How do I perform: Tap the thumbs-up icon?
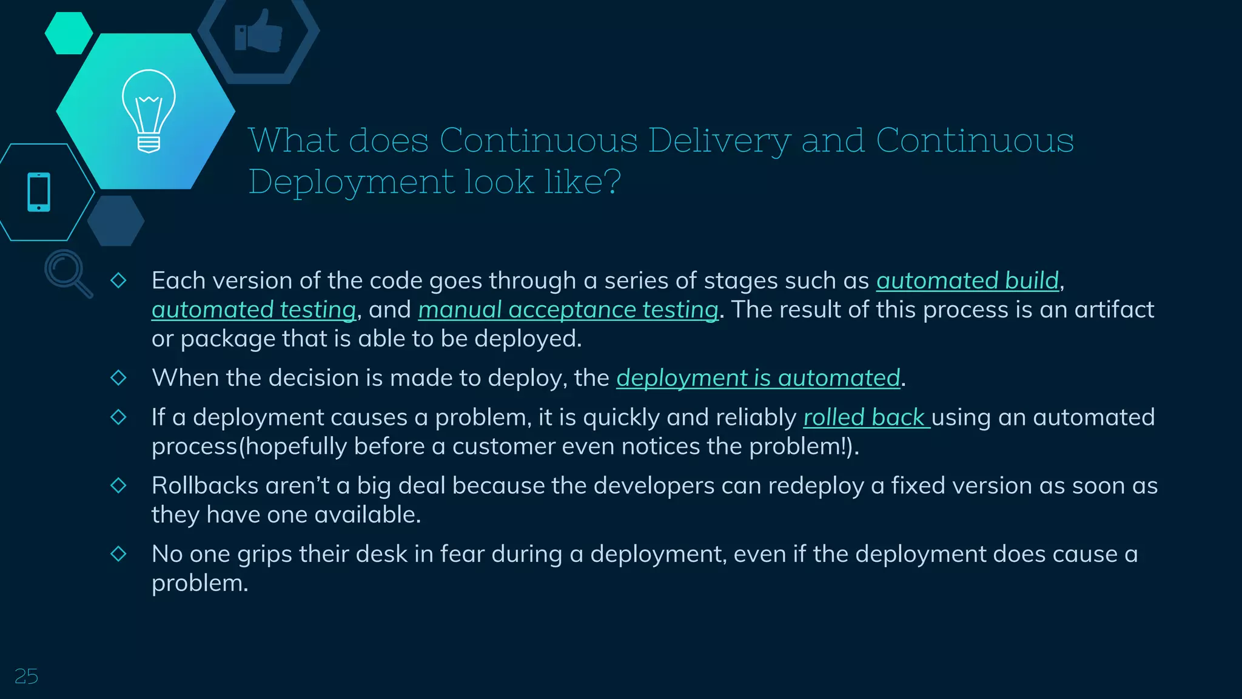(258, 32)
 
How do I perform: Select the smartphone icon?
(39, 192)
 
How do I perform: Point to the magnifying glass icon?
(67, 272)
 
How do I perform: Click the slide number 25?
(26, 676)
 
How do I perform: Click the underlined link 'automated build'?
(967, 281)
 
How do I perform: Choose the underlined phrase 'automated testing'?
(253, 310)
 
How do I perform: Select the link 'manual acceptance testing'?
(568, 310)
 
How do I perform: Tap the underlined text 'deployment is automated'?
(758, 378)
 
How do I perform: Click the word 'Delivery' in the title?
(719, 141)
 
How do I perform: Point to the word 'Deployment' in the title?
(351, 182)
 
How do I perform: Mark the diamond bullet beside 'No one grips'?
(118, 553)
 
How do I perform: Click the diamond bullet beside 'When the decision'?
(118, 377)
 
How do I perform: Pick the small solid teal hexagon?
(69, 33)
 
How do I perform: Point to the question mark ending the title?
(612, 181)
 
